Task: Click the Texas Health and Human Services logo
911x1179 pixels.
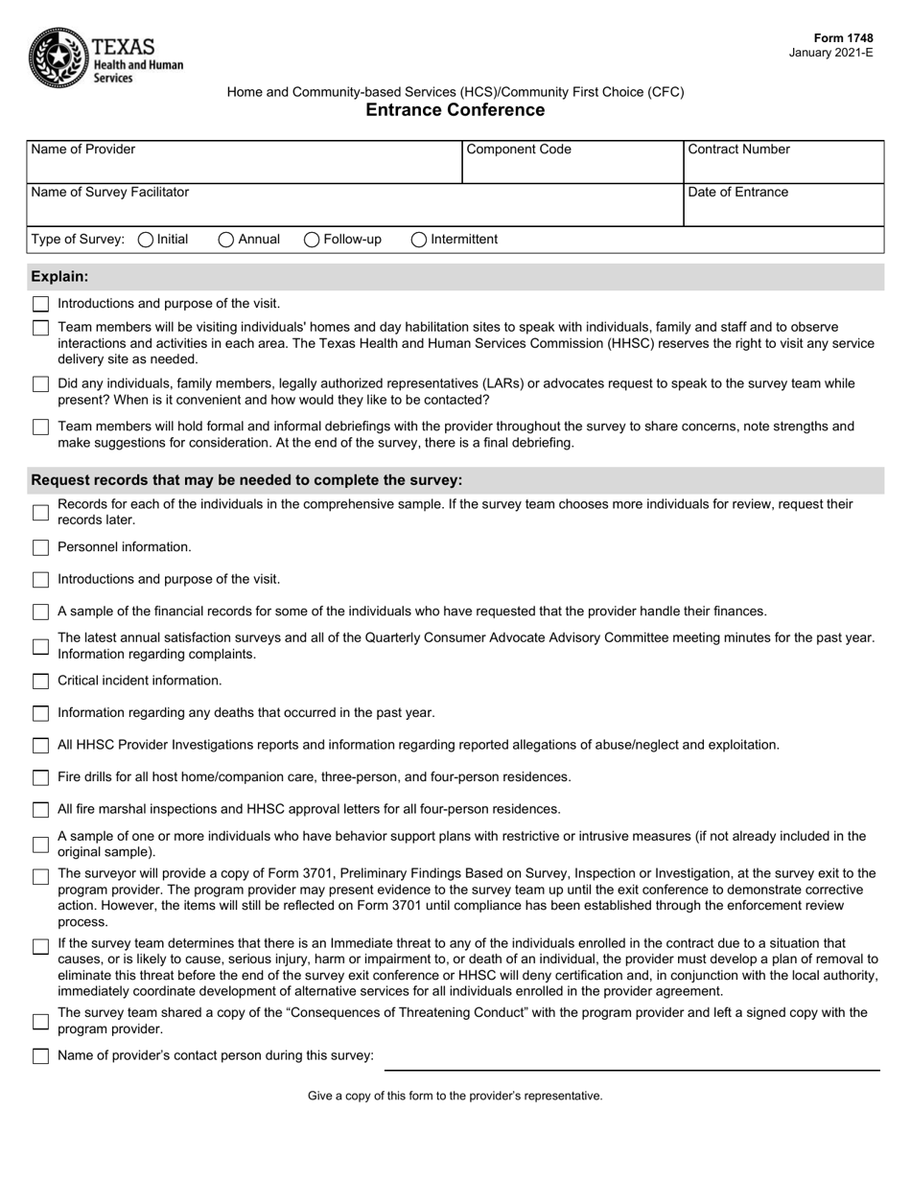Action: coord(105,57)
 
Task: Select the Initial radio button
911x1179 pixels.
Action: coord(146,240)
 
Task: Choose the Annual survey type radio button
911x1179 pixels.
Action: coord(226,240)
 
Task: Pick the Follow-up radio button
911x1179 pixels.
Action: coord(312,240)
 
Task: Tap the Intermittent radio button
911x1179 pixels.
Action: coord(419,240)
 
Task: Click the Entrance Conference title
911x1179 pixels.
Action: coord(455,110)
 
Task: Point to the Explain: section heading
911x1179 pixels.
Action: coord(60,277)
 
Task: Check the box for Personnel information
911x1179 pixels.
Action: coord(40,547)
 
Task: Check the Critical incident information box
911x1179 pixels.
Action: coord(40,682)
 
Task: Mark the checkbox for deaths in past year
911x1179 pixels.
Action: coord(40,713)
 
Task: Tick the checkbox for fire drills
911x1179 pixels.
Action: coord(40,777)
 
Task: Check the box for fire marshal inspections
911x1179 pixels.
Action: coord(40,810)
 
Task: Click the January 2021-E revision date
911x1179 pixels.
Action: coord(830,53)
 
